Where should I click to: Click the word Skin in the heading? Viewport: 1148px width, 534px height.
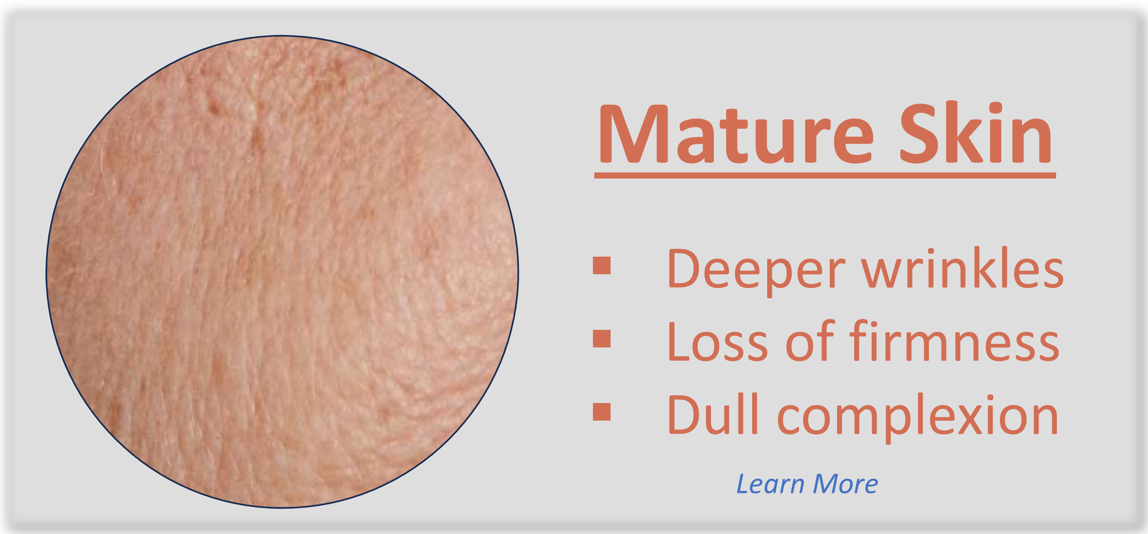(x=976, y=133)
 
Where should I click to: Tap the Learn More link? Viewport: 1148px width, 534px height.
(x=807, y=484)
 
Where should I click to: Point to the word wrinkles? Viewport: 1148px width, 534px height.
(x=962, y=268)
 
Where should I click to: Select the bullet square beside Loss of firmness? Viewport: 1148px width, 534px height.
(x=602, y=338)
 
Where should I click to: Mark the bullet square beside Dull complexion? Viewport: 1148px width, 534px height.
(x=602, y=412)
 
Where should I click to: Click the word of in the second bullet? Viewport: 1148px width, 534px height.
(x=809, y=340)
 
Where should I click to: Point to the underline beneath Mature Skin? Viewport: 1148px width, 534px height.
(x=825, y=176)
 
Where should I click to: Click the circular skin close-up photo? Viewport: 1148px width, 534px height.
(x=282, y=271)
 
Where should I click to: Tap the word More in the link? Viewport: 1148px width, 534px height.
(x=845, y=484)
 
